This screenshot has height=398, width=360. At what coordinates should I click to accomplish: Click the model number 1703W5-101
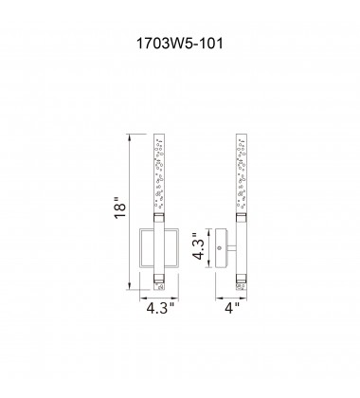(180, 44)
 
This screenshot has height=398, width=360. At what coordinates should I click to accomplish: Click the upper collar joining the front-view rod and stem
(162, 218)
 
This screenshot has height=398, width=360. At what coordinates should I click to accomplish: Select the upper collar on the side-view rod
(241, 218)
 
